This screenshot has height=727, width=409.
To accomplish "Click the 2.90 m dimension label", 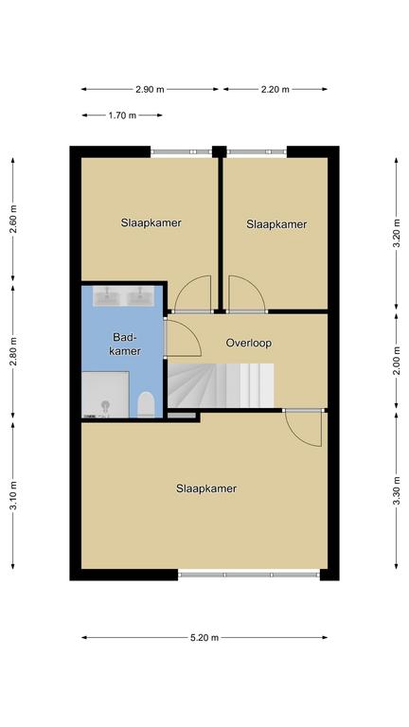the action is click(x=150, y=90).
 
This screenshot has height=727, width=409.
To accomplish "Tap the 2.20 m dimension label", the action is click(x=275, y=90).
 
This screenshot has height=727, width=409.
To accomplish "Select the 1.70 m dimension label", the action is click(x=122, y=115).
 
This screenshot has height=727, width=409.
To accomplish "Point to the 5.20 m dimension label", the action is click(x=204, y=637).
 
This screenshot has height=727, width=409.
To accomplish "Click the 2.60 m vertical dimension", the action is click(x=13, y=220).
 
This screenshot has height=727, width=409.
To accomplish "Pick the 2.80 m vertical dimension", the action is click(x=13, y=351).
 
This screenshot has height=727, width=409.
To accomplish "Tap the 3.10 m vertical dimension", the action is click(x=13, y=496).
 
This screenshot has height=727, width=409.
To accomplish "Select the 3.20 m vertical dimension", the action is click(x=397, y=234).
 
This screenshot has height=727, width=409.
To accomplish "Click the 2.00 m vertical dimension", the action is click(x=397, y=361).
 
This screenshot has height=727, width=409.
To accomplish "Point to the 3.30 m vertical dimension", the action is click(x=397, y=491).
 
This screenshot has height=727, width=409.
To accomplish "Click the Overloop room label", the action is click(x=249, y=343).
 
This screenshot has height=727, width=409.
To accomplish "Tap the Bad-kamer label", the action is click(x=127, y=344).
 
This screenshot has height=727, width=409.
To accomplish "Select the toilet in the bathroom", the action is click(x=146, y=404).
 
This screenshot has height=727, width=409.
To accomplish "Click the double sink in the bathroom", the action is click(x=124, y=296).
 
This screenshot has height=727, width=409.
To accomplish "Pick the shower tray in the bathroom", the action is click(x=105, y=394).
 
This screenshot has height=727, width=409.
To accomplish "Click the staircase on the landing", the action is click(x=221, y=386).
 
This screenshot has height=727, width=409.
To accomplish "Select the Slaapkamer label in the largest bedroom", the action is click(x=206, y=488).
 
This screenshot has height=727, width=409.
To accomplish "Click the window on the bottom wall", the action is click(x=249, y=575).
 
